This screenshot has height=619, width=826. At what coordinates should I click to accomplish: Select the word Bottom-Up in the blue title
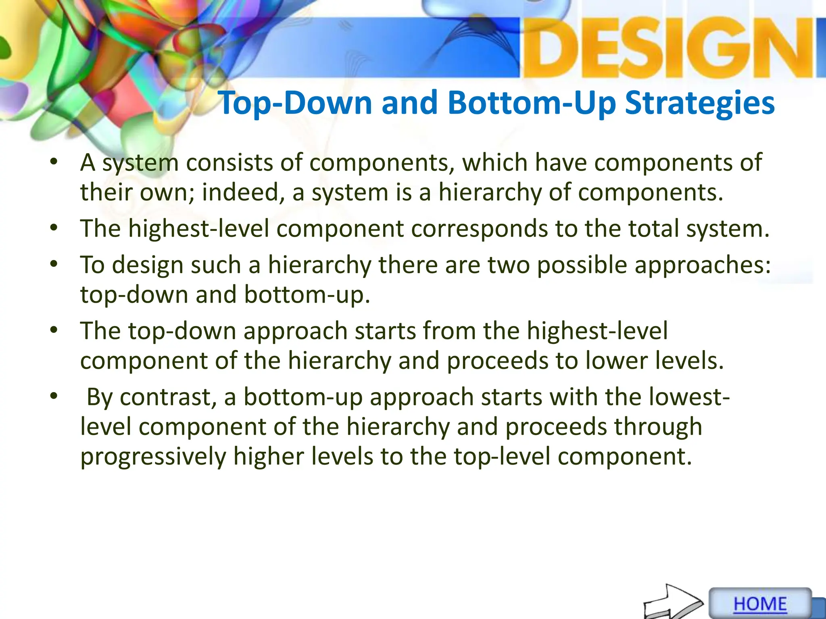(532, 103)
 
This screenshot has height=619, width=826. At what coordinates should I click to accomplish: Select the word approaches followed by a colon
(702, 265)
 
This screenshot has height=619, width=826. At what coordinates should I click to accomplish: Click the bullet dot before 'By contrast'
(54, 397)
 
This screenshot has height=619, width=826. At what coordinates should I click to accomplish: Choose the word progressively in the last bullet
(153, 457)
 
